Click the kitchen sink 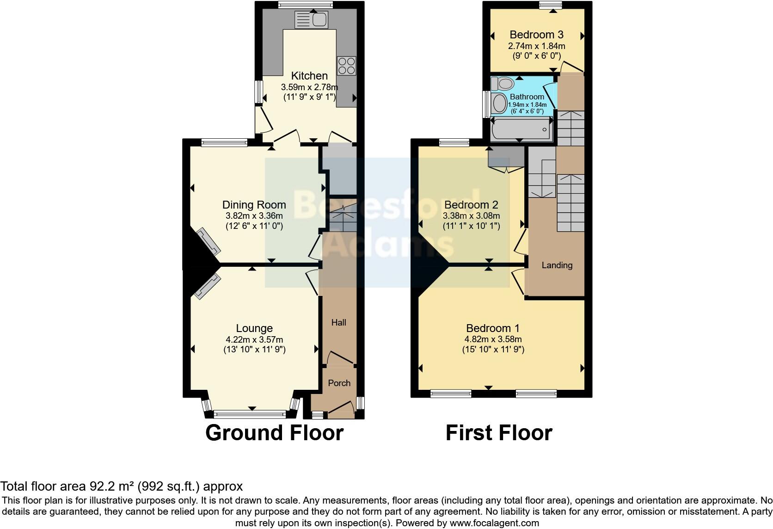click(x=311, y=19)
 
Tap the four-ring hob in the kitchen click(x=346, y=66)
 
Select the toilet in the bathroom click(x=503, y=83)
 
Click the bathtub click(x=521, y=129)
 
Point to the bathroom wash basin click(x=499, y=103)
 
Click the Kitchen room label click(x=309, y=75)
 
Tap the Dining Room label click(x=254, y=205)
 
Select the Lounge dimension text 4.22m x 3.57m click(x=254, y=339)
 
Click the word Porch click(x=339, y=383)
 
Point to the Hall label click(x=338, y=322)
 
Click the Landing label click(x=557, y=265)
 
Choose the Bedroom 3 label click(x=536, y=35)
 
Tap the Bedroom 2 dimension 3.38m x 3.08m click(x=471, y=216)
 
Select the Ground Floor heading click(x=274, y=433)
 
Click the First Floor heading click(x=499, y=433)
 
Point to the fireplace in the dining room click(x=209, y=241)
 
